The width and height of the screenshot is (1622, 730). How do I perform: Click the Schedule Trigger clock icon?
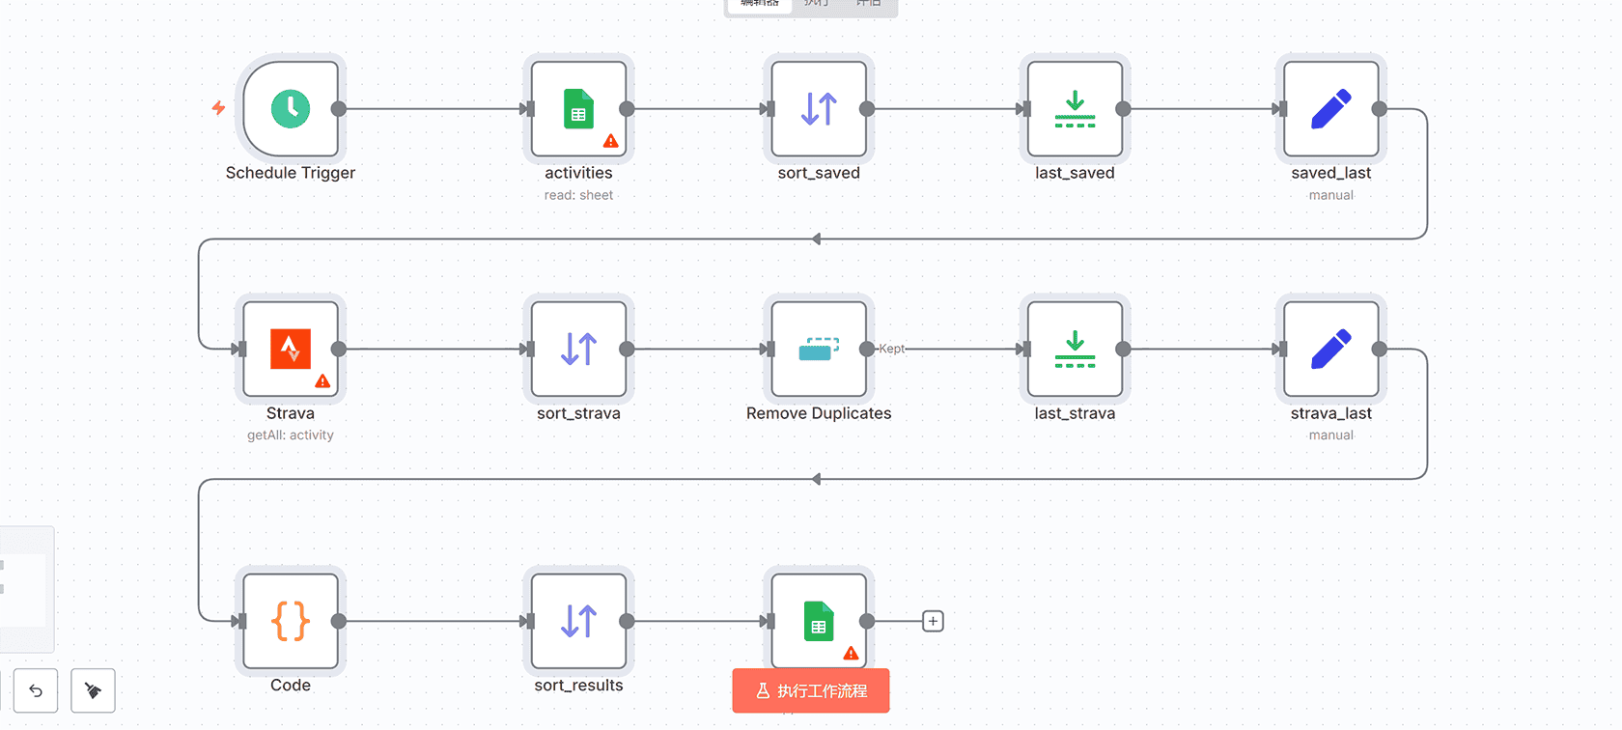click(x=291, y=109)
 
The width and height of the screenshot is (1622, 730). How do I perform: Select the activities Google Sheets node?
click(x=578, y=109)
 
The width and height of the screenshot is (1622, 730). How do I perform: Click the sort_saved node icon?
click(x=819, y=109)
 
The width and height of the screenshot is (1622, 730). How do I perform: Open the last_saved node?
click(x=1075, y=109)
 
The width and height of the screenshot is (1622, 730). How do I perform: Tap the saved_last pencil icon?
click(x=1330, y=109)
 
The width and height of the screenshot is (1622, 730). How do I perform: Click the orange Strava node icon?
click(x=291, y=350)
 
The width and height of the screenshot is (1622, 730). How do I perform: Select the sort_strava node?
click(x=578, y=350)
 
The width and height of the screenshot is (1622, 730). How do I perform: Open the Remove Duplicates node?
click(x=819, y=350)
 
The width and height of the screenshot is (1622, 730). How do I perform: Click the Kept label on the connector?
click(x=892, y=349)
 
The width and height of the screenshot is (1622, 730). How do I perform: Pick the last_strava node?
click(x=1075, y=350)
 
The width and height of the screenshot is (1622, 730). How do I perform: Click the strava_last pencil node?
click(x=1330, y=350)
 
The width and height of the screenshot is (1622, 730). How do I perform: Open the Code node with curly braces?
click(x=291, y=621)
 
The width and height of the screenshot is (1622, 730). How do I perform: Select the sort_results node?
click(x=578, y=621)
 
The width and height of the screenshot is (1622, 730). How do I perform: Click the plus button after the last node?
click(x=933, y=621)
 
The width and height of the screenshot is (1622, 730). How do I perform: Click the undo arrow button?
click(x=36, y=690)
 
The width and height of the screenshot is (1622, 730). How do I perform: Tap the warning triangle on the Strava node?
click(x=322, y=381)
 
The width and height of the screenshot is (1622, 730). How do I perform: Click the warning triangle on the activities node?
click(x=610, y=141)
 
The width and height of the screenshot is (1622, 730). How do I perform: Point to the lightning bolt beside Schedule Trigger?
click(x=219, y=108)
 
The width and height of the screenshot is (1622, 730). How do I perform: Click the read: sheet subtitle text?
click(x=578, y=195)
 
